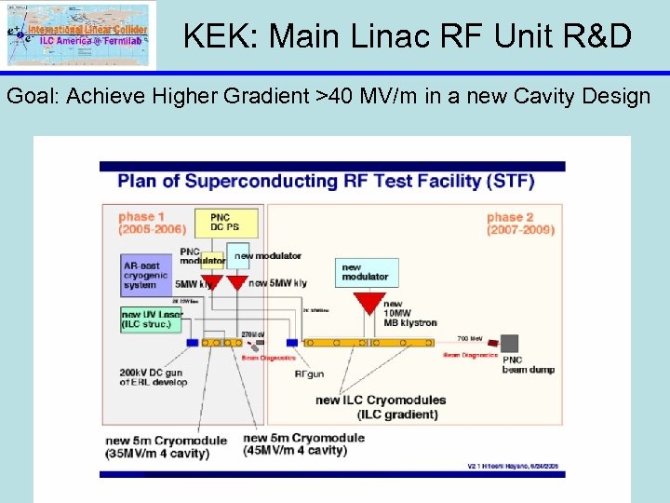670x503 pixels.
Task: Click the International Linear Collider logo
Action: (x=80, y=34)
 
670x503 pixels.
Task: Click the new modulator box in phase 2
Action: (x=366, y=271)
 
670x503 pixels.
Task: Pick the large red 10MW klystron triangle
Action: (x=369, y=303)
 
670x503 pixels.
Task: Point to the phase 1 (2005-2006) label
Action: (x=152, y=224)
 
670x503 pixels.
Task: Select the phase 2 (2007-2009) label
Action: (x=520, y=224)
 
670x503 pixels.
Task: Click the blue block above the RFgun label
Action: (x=291, y=342)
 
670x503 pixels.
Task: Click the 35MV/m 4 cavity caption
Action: (x=157, y=454)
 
